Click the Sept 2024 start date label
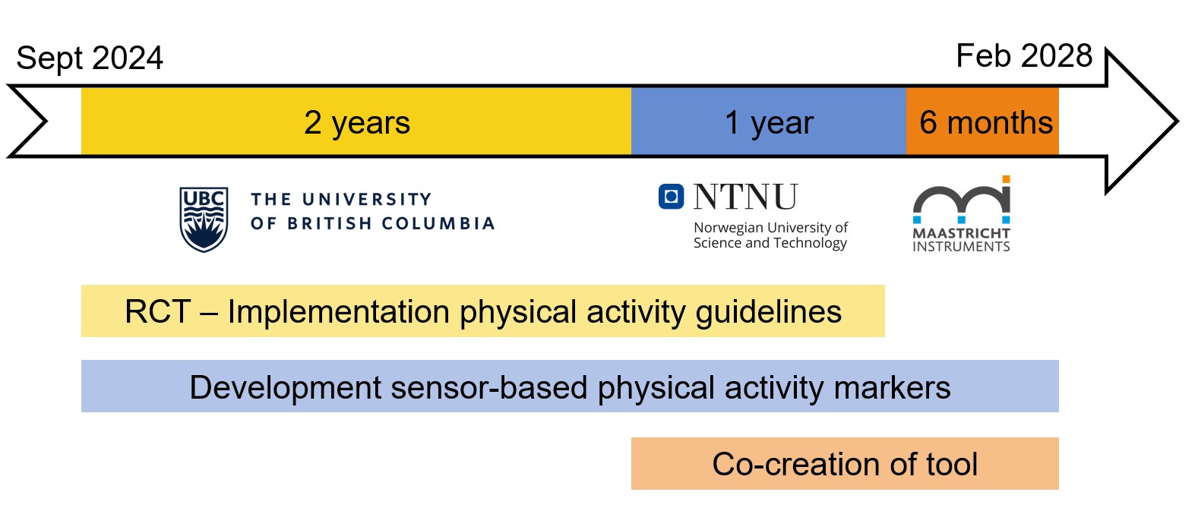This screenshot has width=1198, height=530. click(90, 58)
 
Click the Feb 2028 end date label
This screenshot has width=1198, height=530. click(1023, 55)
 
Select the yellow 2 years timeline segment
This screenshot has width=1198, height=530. click(356, 121)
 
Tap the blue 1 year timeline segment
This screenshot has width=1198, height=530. click(769, 121)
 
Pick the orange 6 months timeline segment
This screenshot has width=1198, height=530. click(982, 121)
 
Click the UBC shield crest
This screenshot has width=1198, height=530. click(204, 219)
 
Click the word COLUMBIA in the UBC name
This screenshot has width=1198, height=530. click(438, 223)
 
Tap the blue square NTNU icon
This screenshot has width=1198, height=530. click(671, 196)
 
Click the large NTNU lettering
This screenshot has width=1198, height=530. click(745, 196)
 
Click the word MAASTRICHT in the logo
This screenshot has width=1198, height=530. click(961, 233)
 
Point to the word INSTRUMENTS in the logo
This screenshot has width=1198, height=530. click(961, 247)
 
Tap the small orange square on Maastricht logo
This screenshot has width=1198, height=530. click(1006, 179)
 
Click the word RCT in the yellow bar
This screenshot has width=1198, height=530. click(157, 312)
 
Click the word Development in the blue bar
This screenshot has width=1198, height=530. click(285, 388)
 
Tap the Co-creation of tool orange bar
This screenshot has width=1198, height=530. click(845, 464)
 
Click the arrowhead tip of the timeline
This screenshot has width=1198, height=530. click(1178, 121)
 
